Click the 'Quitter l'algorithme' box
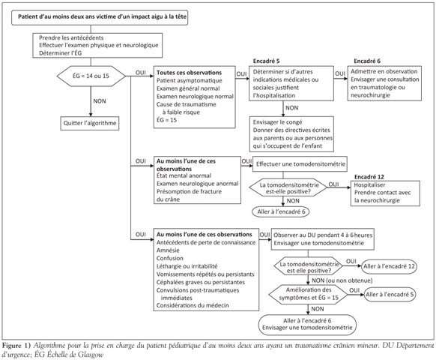coord(90,123)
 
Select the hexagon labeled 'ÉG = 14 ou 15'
coord(91,76)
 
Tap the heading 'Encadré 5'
coord(266,61)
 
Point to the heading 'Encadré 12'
coord(369,177)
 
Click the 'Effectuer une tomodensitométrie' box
coord(300,163)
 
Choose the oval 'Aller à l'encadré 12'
coord(389,266)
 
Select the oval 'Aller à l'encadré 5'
coord(390,295)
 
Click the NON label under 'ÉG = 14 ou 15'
coord(100,101)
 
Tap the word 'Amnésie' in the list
coord(168,250)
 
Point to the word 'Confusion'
coord(170,258)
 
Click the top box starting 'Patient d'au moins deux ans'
coord(100,17)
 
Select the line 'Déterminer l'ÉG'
coord(61,53)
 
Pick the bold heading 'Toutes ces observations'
coord(189,73)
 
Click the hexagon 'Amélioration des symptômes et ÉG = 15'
coord(308,294)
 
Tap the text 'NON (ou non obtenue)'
coord(342,280)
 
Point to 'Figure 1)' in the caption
coord(16,346)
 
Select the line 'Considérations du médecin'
coord(193,305)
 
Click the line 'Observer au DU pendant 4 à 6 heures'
coord(323,235)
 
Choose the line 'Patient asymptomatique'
coord(190,81)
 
